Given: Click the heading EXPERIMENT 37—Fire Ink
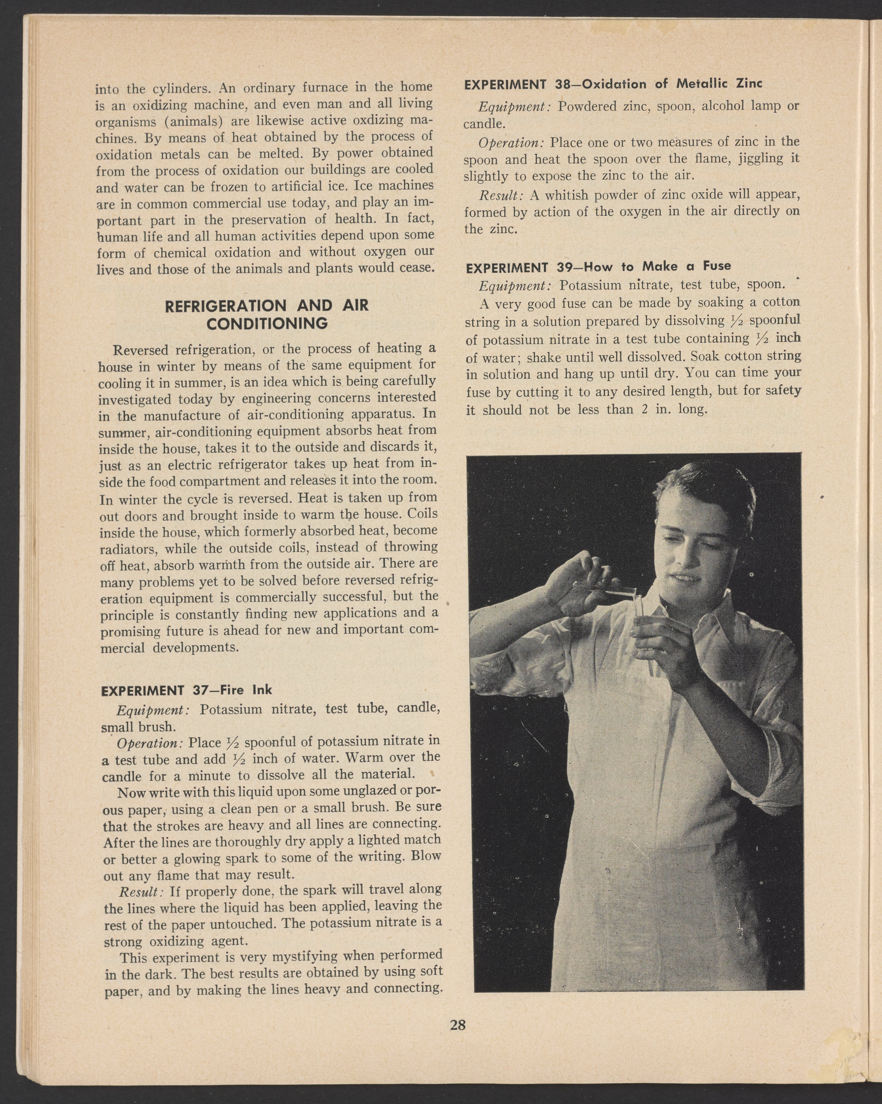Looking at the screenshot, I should (187, 690).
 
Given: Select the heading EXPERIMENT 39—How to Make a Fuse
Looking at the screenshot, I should (598, 266).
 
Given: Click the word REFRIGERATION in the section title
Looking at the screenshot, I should (224, 306).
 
